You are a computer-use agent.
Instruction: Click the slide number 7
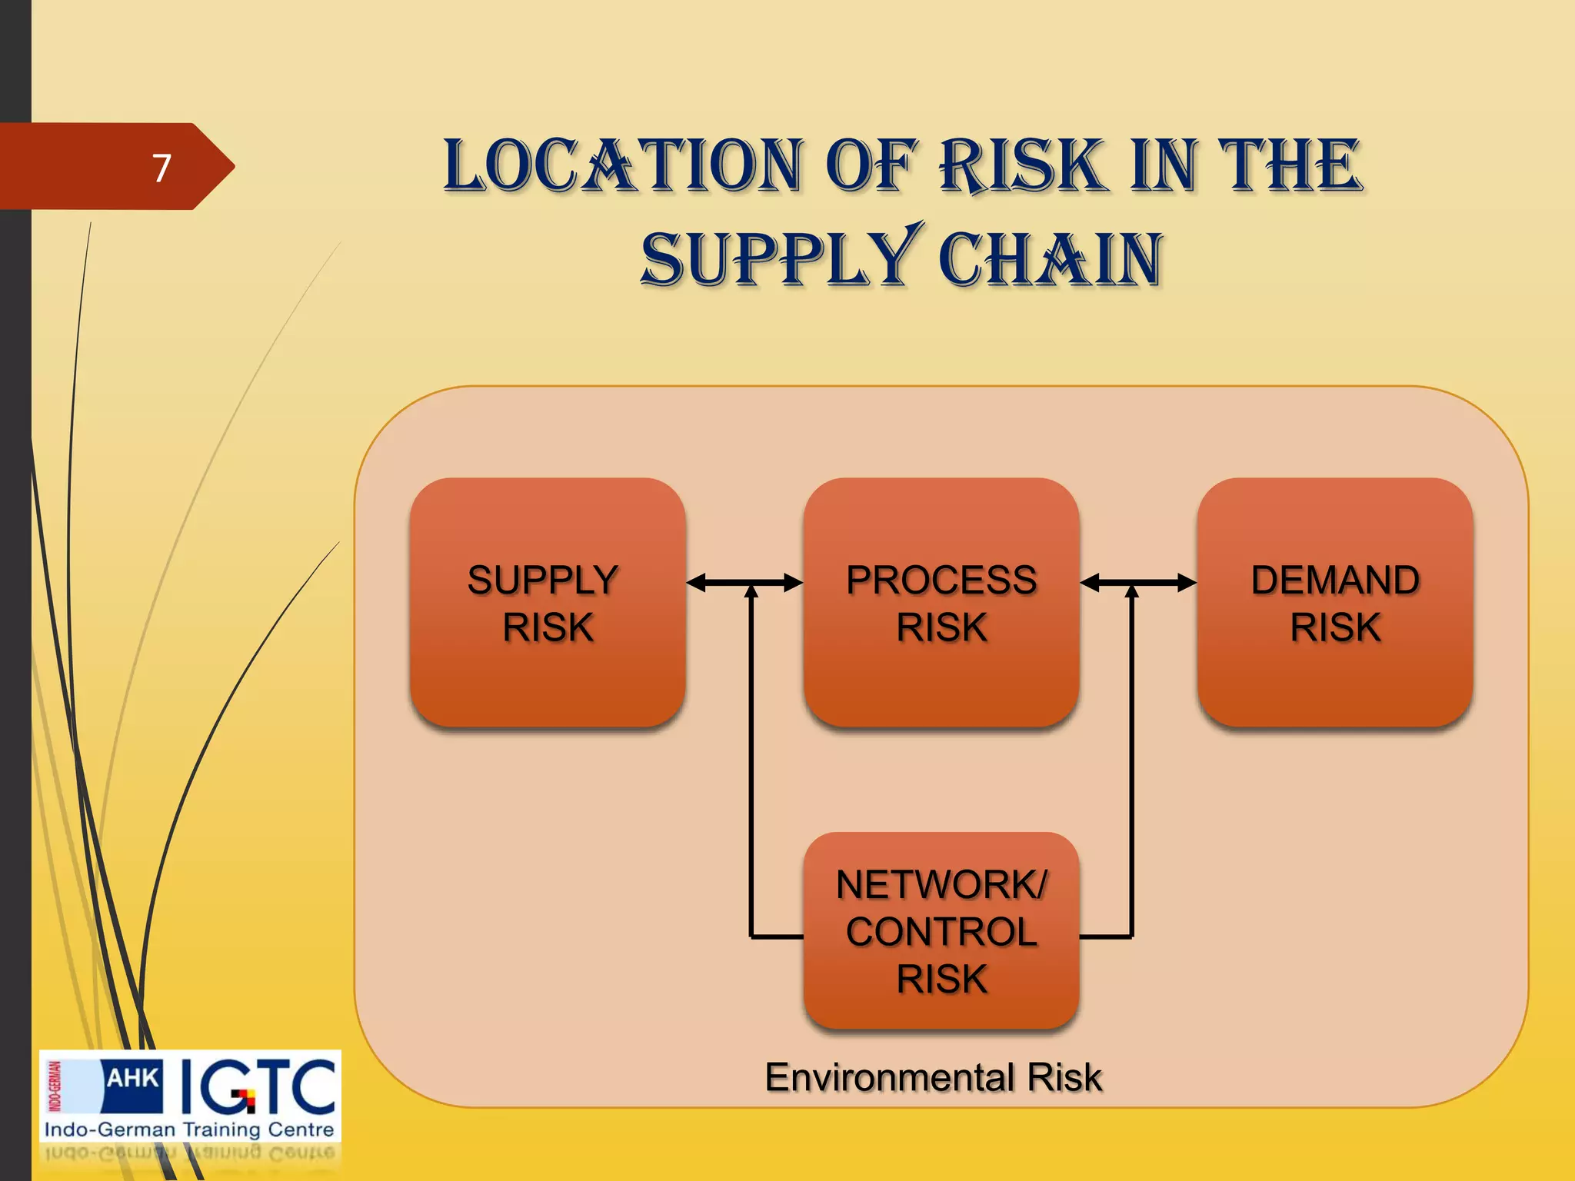tap(161, 168)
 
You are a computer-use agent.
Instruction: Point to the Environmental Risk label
tap(933, 1077)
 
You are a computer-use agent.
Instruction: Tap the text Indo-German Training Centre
tap(189, 1129)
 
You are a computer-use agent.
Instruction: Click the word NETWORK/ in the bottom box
tap(941, 885)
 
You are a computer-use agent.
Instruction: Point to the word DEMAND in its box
tap(1335, 580)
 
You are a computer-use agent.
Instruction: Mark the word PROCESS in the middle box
tap(941, 580)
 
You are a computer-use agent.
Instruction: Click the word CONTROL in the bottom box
tap(941, 932)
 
